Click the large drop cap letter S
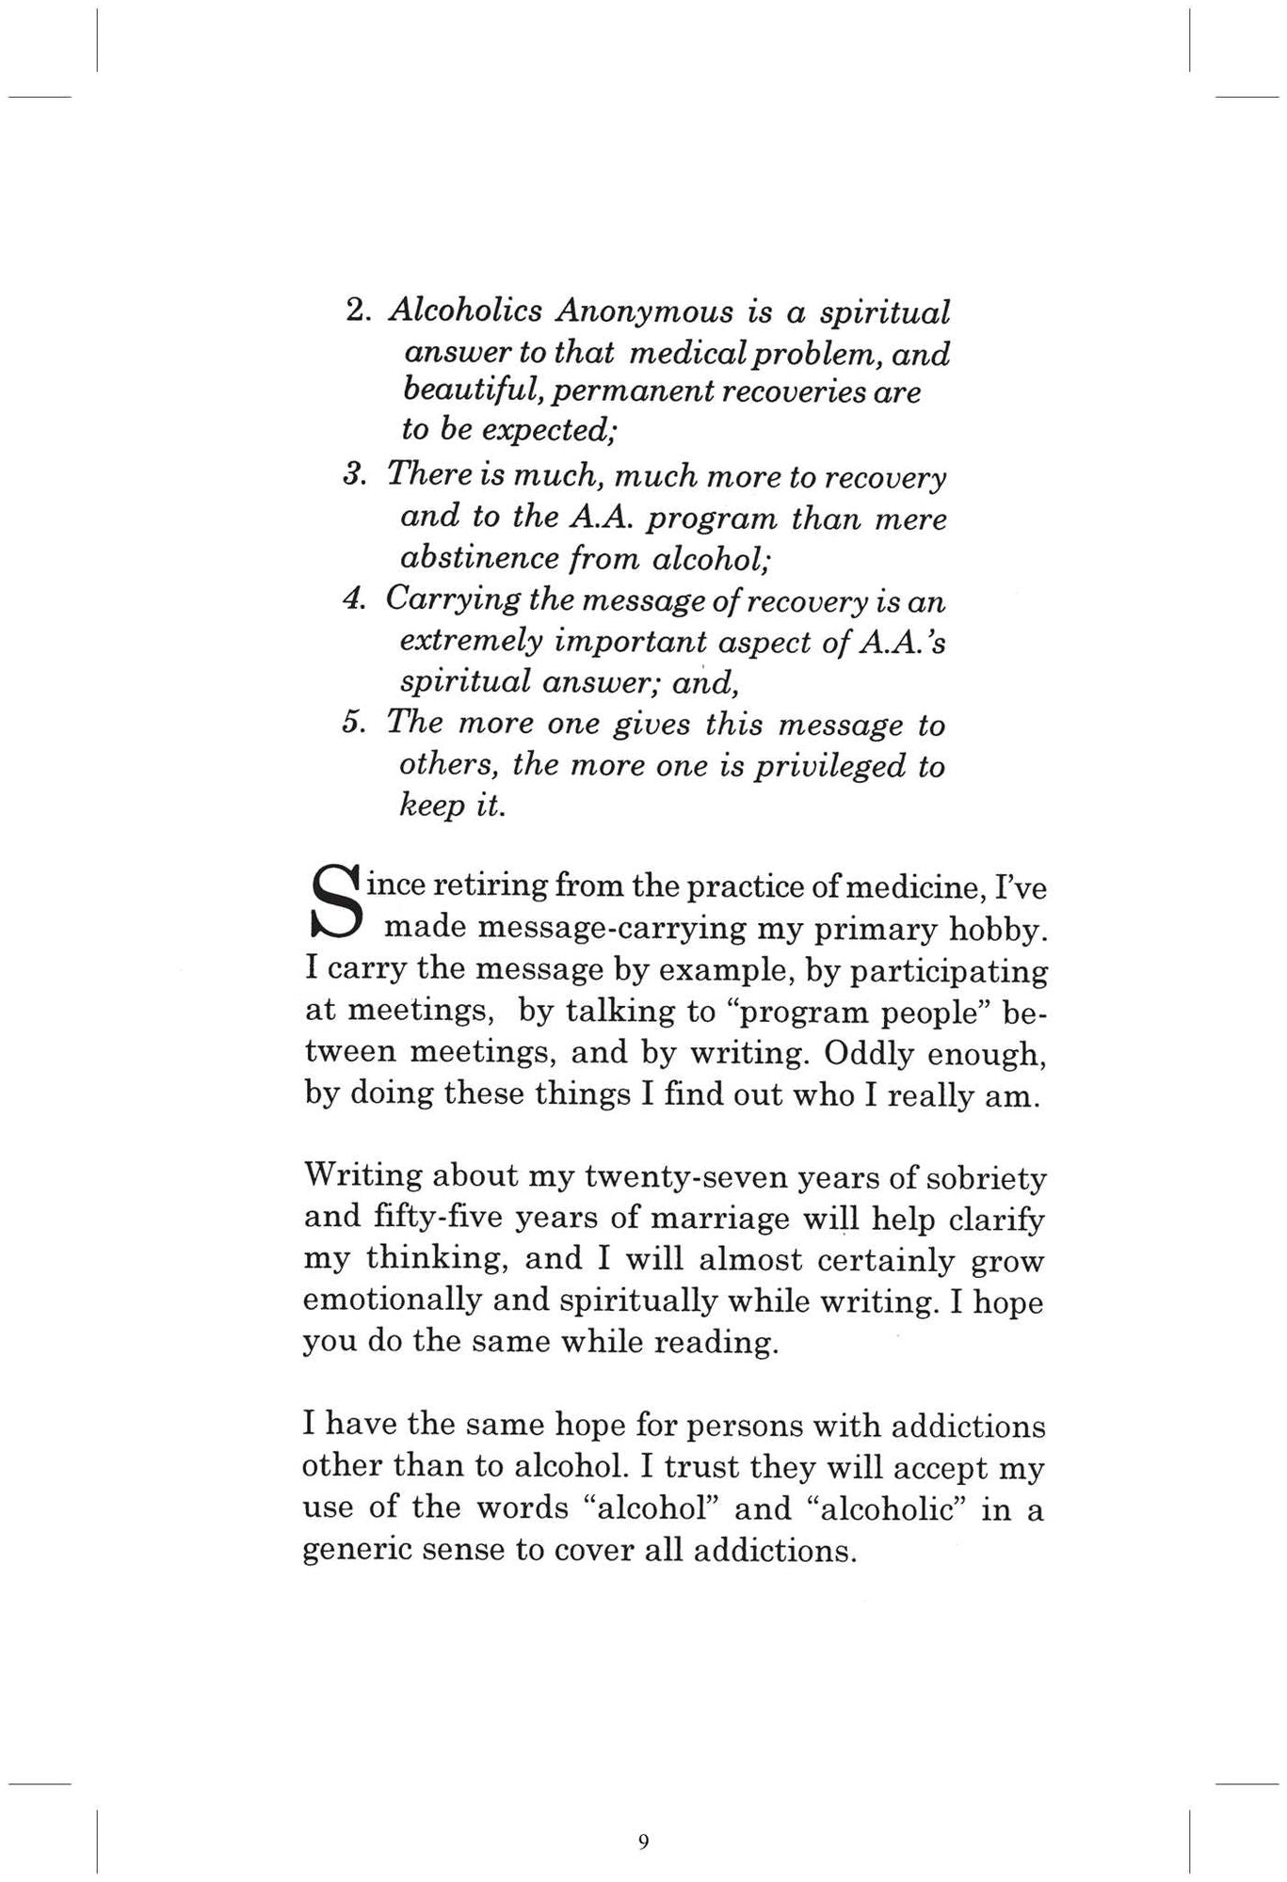pyautogui.click(x=335, y=904)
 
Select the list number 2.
pyautogui.click(x=357, y=311)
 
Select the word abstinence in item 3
pyautogui.click(x=471, y=559)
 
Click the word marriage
pyautogui.click(x=716, y=1219)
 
